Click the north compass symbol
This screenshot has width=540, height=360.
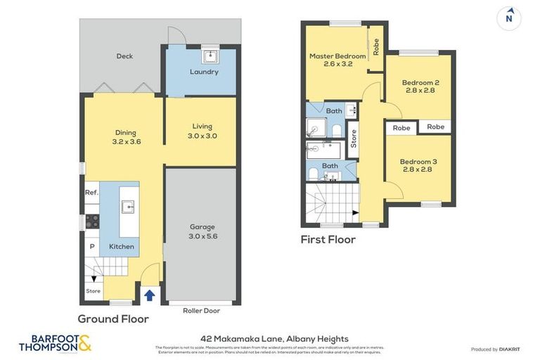pos(509,18)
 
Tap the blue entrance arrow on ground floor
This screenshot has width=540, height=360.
pos(149,295)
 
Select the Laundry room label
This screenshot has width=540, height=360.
pos(204,72)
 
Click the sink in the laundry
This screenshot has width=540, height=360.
pos(210,56)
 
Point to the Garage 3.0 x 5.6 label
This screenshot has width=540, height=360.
pos(202,231)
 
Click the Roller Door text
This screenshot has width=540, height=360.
pos(201,310)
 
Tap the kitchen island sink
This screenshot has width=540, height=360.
pos(127,207)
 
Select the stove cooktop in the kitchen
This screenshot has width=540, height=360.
pos(91,221)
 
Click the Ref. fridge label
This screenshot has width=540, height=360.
pos(91,192)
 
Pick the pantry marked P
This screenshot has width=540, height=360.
pos(91,247)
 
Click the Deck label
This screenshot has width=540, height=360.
pos(124,56)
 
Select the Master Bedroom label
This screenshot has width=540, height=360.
pos(337,60)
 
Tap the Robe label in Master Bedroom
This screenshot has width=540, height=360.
pos(376,47)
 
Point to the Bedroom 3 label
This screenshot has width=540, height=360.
pos(418,165)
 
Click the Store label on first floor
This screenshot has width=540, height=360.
pos(353,140)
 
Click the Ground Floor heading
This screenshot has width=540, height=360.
pos(113,319)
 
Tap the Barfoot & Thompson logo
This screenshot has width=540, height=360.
pos(54,344)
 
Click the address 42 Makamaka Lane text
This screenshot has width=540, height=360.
pos(270,338)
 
